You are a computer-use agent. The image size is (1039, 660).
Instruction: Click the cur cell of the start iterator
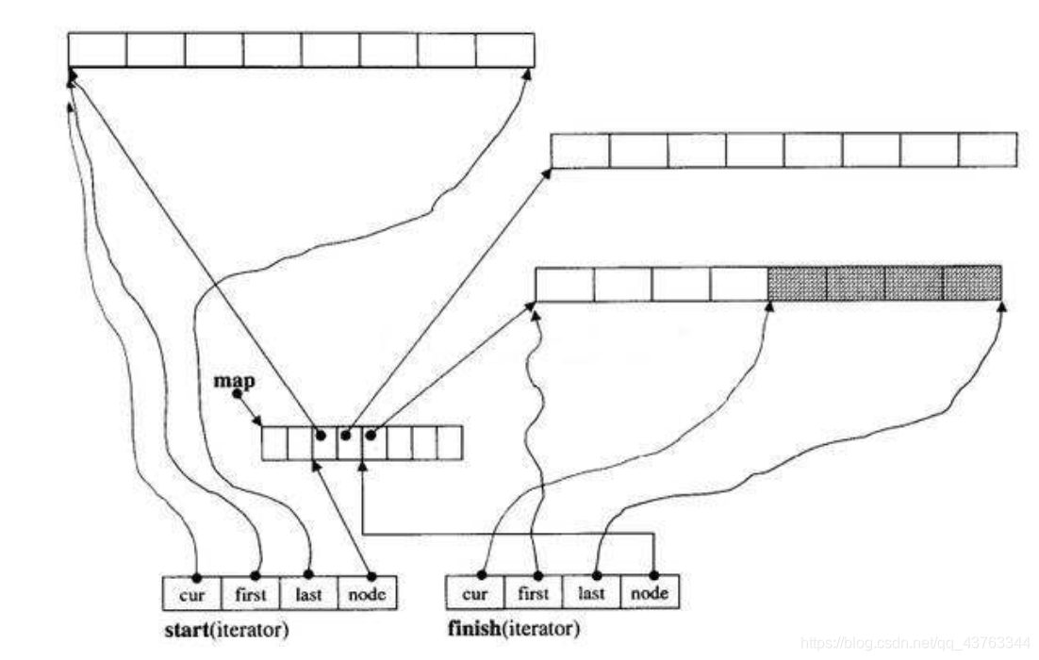[x=191, y=594]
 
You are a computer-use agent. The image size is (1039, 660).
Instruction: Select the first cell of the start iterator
[x=251, y=594]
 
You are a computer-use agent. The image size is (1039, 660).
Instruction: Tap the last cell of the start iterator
[x=309, y=594]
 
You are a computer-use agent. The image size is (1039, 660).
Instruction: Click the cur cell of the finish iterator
[x=474, y=593]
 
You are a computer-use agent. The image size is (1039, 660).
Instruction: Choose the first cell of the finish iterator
[x=533, y=593]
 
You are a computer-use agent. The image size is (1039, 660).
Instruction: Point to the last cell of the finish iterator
[x=591, y=593]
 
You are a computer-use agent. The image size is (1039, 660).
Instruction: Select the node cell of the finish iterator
[x=650, y=593]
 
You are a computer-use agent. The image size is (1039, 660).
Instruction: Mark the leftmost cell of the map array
[x=274, y=442]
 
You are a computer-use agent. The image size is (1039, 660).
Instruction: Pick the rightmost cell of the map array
[x=450, y=442]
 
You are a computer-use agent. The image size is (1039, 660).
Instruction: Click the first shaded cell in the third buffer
[x=798, y=284]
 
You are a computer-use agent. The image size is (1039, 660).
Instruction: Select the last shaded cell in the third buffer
[x=972, y=284]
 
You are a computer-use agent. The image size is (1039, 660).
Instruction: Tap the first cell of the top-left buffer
[x=97, y=50]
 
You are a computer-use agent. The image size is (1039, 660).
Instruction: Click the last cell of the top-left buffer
[x=505, y=50]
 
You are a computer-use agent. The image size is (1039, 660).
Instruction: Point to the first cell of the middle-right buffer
[x=580, y=150]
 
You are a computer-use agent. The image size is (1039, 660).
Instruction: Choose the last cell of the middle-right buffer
[x=988, y=150]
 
